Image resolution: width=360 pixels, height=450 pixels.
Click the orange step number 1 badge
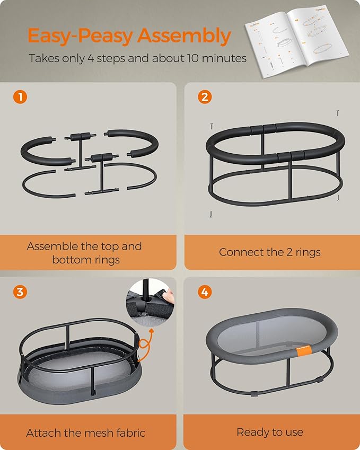[19, 97]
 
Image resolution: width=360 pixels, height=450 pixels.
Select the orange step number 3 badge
[19, 291]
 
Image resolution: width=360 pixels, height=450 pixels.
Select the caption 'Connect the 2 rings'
[270, 252]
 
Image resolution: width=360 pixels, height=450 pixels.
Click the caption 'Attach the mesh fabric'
[86, 433]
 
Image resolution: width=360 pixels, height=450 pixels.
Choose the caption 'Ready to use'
[270, 433]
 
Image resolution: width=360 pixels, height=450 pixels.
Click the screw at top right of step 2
[337, 113]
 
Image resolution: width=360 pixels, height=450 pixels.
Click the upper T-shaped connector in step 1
[82, 137]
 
